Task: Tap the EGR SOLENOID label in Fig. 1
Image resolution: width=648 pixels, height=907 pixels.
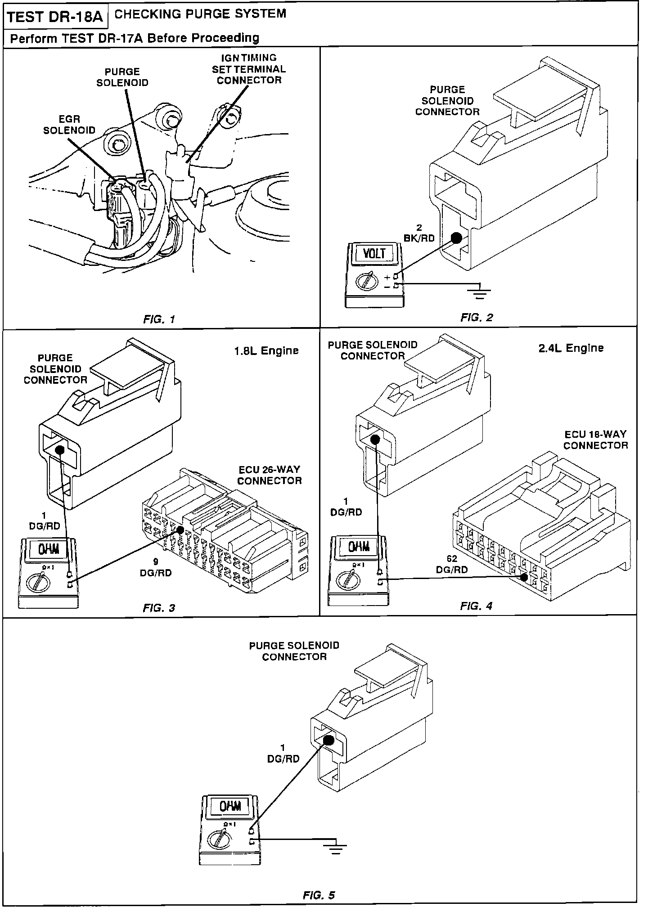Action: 69,125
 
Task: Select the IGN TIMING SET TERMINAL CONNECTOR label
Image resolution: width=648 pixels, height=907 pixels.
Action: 249,69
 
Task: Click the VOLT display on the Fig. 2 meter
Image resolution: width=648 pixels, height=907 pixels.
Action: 375,253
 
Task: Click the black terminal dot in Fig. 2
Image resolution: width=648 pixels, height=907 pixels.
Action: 456,238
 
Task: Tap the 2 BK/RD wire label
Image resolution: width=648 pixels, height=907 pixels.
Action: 419,233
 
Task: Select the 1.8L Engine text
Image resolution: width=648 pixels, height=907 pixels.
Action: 266,350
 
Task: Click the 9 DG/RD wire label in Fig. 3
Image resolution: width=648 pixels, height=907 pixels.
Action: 156,567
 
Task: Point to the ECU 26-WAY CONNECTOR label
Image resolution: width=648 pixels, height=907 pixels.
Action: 270,475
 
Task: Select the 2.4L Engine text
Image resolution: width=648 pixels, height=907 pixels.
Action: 571,348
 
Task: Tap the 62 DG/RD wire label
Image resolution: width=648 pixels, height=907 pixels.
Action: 452,564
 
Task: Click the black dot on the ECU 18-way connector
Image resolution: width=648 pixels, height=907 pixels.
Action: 523,577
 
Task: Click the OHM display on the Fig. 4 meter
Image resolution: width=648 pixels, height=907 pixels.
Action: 360,547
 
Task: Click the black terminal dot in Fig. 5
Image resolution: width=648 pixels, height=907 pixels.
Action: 329,740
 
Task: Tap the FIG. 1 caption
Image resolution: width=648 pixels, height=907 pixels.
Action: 159,319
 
